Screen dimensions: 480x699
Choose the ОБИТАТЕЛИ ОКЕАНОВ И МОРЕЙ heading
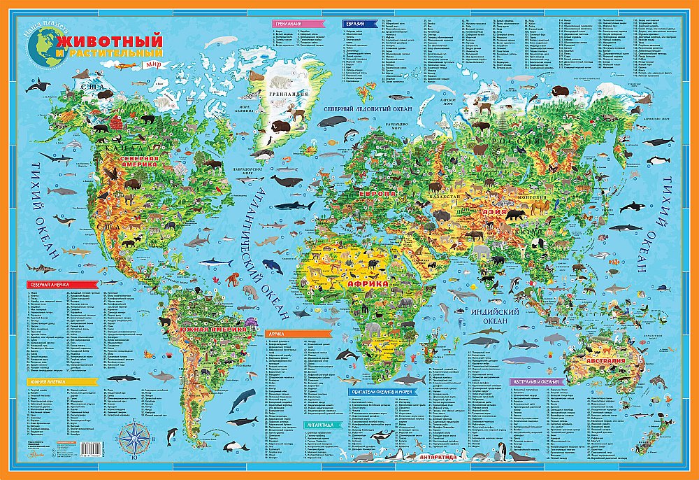386,392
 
